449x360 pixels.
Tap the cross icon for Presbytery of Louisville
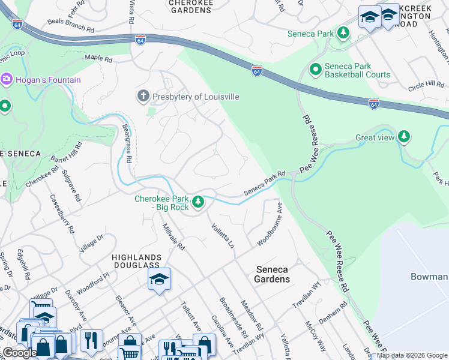143,96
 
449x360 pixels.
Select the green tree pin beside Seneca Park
343,33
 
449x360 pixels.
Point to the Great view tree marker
405,137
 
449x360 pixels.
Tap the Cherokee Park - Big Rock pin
197,203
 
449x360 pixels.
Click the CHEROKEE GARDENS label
191,7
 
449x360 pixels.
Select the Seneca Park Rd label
264,184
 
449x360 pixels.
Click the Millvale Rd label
173,236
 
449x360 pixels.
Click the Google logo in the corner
20,353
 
